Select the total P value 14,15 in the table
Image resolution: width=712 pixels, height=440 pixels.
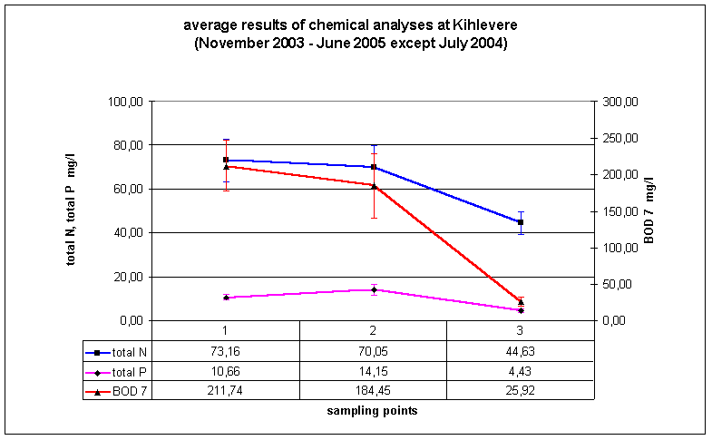point(373,372)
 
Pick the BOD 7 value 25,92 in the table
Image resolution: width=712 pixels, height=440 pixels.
point(520,391)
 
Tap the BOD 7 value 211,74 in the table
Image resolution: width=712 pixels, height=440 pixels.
point(226,391)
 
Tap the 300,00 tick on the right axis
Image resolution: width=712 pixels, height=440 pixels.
point(621,102)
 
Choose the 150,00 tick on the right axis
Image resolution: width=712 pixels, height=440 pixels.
point(621,211)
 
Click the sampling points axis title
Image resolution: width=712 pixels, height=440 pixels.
point(372,410)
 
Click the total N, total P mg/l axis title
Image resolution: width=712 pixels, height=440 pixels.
point(71,210)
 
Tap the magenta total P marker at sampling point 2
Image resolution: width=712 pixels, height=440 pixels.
point(374,289)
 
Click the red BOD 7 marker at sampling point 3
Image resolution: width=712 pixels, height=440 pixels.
point(521,302)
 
